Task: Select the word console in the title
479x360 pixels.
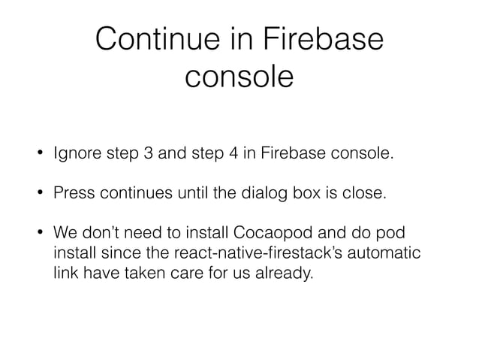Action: (x=239, y=77)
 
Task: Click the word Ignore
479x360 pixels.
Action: (x=75, y=155)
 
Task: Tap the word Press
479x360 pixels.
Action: (x=73, y=195)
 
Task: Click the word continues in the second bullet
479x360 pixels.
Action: (x=133, y=195)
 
